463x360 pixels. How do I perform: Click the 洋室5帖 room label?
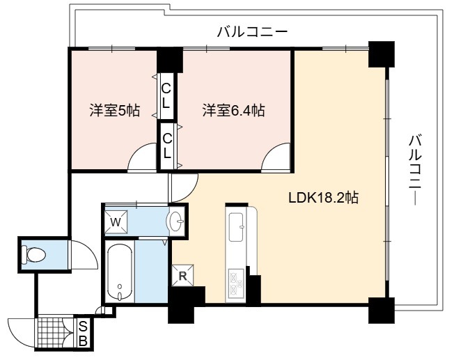click(115, 111)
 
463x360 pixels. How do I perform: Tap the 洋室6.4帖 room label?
click(233, 111)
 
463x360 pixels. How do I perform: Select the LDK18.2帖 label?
click(323, 198)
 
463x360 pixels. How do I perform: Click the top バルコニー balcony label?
click(252, 32)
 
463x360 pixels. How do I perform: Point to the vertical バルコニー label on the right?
click(416, 169)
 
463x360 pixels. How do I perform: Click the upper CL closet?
click(166, 95)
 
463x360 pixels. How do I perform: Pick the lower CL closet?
click(167, 146)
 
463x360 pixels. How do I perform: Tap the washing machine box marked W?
click(116, 222)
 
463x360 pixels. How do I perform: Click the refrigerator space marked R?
click(183, 276)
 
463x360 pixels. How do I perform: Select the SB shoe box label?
click(84, 334)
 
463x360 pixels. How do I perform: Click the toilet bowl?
click(33, 254)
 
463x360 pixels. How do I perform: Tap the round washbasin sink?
click(176, 221)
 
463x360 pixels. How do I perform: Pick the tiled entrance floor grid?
click(51, 333)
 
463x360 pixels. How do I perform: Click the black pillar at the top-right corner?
click(382, 54)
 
